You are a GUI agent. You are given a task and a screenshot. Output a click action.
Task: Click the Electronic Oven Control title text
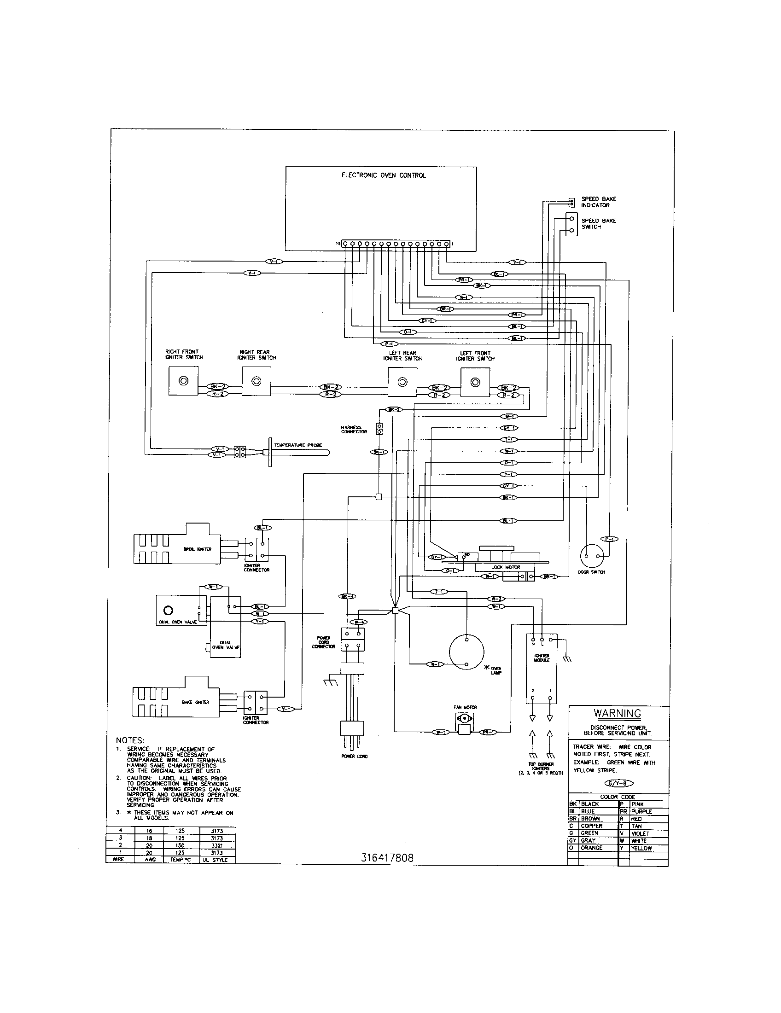(x=383, y=175)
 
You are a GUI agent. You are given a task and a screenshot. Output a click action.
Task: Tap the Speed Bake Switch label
(x=599, y=224)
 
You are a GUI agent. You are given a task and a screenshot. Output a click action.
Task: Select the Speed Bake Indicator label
(x=599, y=202)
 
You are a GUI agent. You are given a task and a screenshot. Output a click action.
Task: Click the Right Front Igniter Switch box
(x=183, y=381)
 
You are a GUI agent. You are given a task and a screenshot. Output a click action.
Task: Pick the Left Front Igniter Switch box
(x=475, y=383)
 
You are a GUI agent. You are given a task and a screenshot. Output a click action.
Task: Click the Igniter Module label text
(x=542, y=658)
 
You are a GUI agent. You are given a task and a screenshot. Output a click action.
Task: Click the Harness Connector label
(x=354, y=430)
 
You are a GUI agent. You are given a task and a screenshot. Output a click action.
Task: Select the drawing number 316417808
(x=387, y=858)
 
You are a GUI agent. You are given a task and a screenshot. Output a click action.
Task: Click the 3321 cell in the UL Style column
(x=217, y=845)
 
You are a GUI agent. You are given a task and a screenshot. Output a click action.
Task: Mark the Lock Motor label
(x=506, y=567)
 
